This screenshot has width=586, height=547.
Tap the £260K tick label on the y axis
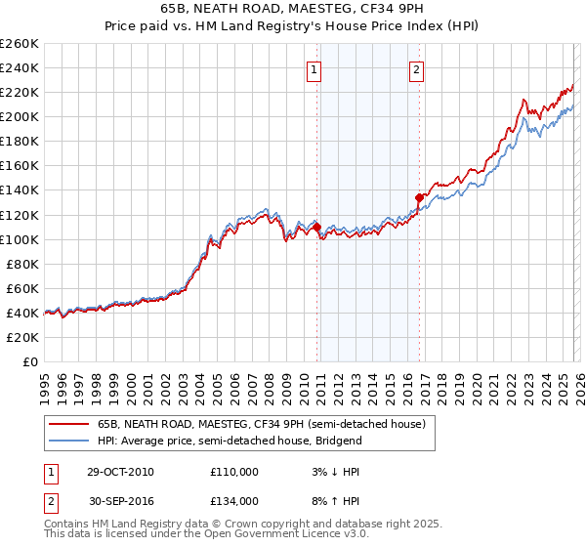point(19,44)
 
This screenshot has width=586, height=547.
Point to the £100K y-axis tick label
point(19,239)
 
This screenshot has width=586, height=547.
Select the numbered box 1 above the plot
point(314,69)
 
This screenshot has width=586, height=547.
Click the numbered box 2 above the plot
point(417,69)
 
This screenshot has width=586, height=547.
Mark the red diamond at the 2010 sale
point(317,227)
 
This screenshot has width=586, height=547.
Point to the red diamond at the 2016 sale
point(419,197)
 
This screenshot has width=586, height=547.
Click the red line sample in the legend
point(67,425)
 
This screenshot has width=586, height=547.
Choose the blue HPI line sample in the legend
point(67,441)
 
